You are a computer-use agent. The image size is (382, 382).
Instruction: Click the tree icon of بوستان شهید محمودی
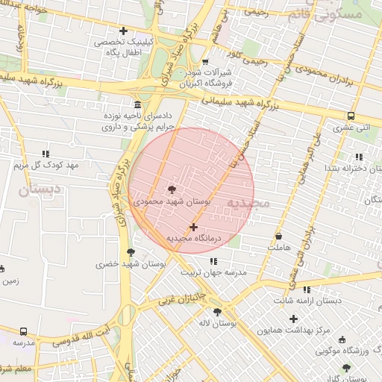172,190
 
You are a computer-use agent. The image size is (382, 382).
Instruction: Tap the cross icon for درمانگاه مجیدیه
194,227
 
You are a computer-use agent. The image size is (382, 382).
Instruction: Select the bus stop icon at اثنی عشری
351,116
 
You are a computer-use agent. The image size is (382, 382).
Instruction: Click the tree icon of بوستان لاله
217,312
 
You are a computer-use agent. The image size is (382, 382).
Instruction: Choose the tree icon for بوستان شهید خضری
131,253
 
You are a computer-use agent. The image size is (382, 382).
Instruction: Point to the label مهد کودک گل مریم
46,164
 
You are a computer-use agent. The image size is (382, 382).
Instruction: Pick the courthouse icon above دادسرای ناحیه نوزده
137,104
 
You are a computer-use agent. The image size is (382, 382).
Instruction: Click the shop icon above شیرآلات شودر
205,62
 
